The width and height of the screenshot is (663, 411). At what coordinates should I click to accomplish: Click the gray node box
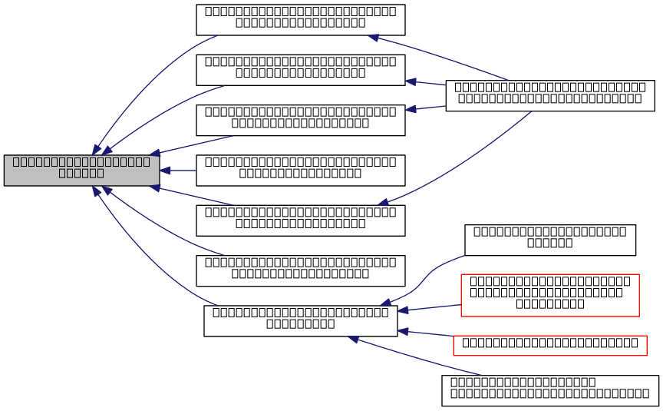coord(81,170)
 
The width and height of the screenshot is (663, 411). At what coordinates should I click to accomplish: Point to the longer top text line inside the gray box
coord(81,161)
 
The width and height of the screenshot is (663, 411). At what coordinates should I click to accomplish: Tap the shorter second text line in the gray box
coord(81,173)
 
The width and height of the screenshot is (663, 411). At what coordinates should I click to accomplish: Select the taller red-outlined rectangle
coord(549,295)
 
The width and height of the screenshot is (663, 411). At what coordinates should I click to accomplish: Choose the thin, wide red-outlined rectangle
coord(549,346)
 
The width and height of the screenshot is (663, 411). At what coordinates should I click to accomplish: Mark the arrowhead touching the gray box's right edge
coord(165,171)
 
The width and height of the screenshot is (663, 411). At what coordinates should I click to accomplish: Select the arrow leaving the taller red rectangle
coord(430,307)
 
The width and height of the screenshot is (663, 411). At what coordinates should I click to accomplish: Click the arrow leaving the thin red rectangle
coord(427,333)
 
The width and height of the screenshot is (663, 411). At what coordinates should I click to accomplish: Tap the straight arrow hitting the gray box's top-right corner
coord(192,145)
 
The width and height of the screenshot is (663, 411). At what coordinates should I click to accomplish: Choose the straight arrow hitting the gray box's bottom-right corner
coord(192,196)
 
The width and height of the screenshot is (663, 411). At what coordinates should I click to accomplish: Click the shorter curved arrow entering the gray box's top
coord(161,115)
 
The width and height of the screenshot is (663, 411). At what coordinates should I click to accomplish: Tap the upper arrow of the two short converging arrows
coord(426,83)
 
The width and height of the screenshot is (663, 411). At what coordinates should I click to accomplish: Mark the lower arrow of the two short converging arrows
coord(426,108)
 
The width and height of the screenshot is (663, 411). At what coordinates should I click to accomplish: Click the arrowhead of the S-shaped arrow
coord(385,303)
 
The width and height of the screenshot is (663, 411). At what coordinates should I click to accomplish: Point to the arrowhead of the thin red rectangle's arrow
coord(403,331)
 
